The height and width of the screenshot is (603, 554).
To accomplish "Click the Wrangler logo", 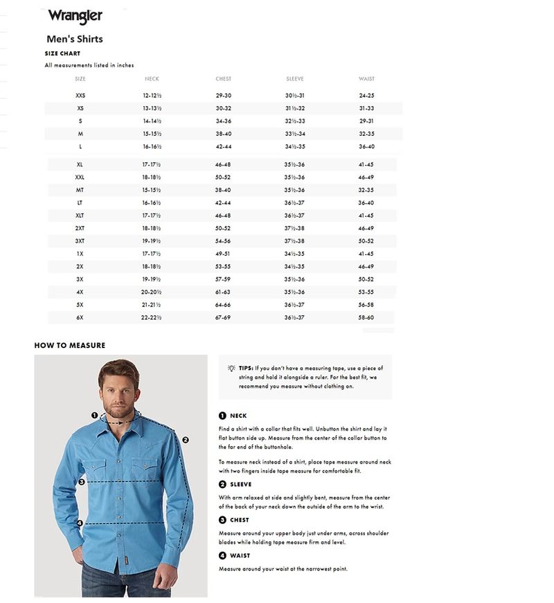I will point(75,16).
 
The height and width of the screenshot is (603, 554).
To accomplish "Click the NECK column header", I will point(152,79).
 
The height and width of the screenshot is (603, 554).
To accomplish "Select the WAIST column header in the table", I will point(366,79).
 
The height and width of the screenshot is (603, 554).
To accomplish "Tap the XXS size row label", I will point(80,96).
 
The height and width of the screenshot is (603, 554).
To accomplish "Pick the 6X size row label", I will point(80,317).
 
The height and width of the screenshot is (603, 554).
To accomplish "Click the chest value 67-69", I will point(223,317).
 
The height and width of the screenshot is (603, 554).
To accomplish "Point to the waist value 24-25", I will point(366,96).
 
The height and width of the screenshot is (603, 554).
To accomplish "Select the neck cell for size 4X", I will point(152,292).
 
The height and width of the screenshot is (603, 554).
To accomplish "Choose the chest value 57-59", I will point(223,279).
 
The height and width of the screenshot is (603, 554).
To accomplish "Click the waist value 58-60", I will point(366,317).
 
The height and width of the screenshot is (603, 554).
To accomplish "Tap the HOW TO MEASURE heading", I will point(70,345).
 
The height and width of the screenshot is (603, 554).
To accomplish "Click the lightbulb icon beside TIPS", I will point(231,368).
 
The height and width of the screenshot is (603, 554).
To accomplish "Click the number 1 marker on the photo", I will point(95,415).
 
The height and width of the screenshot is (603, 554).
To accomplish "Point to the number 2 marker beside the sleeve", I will point(186,439).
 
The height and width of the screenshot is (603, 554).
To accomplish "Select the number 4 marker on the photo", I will point(80,523).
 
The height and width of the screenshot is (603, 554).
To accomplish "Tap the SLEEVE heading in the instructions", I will point(240,484).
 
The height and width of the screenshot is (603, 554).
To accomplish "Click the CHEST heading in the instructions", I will point(240,520).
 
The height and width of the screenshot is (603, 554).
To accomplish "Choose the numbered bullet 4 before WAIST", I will point(222,556).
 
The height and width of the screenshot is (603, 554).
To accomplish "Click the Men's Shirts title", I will point(74,40).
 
